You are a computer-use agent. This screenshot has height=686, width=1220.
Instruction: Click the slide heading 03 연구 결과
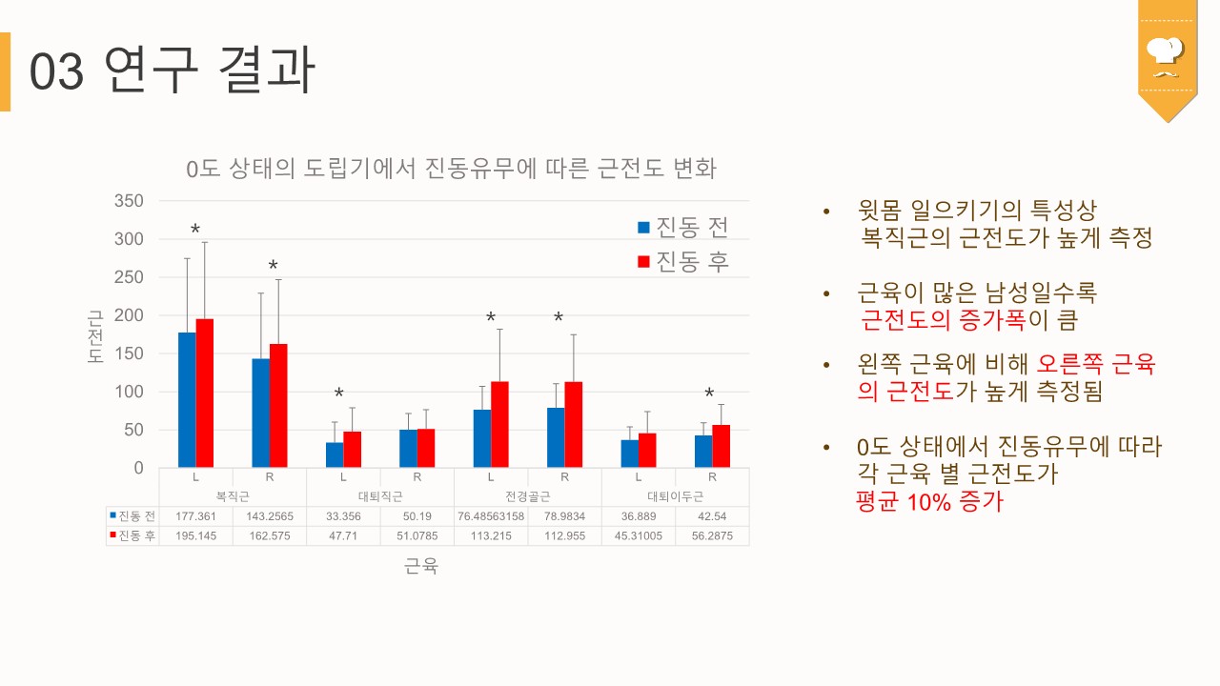[172, 71]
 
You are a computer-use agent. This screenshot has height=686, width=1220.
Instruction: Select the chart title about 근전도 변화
[451, 169]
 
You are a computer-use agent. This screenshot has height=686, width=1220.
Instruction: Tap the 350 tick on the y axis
[128, 200]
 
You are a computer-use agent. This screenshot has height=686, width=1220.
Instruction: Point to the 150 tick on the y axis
[128, 353]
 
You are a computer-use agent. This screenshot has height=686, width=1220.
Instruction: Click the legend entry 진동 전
[683, 227]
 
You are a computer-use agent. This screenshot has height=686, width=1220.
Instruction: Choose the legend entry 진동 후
[683, 262]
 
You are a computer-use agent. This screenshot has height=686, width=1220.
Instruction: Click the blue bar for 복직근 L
[187, 400]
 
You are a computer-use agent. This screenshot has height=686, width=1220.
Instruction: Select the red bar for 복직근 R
[278, 406]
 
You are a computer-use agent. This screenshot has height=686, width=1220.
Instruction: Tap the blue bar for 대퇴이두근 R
[703, 452]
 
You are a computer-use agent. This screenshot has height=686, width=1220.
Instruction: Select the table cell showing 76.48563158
[491, 516]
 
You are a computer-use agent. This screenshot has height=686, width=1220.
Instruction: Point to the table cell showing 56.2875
[712, 535]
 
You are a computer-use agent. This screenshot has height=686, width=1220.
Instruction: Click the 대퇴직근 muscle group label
[380, 496]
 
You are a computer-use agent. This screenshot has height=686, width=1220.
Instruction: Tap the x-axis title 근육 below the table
[421, 566]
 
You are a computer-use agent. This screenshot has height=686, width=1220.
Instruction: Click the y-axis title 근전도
[95, 335]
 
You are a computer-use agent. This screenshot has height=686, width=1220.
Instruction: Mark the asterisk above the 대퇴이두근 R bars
[709, 394]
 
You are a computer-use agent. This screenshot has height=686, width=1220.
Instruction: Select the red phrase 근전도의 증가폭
[943, 319]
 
